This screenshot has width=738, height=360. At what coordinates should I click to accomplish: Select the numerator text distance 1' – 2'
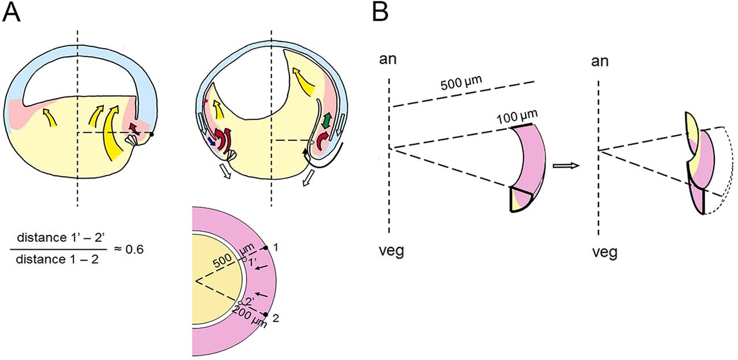[x=57, y=238]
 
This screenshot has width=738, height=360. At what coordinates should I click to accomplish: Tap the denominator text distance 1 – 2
[x=57, y=260]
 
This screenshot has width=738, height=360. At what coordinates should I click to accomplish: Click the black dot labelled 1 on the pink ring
[x=266, y=248]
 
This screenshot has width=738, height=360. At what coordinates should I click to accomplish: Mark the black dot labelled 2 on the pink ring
[x=266, y=314]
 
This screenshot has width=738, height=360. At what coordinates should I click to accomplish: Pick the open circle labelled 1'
[x=244, y=260]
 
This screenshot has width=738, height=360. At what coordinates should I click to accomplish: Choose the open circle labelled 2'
[x=240, y=302]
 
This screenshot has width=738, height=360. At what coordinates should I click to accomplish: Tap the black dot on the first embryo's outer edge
[x=153, y=134]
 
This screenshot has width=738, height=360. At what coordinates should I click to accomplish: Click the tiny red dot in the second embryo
[x=206, y=101]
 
